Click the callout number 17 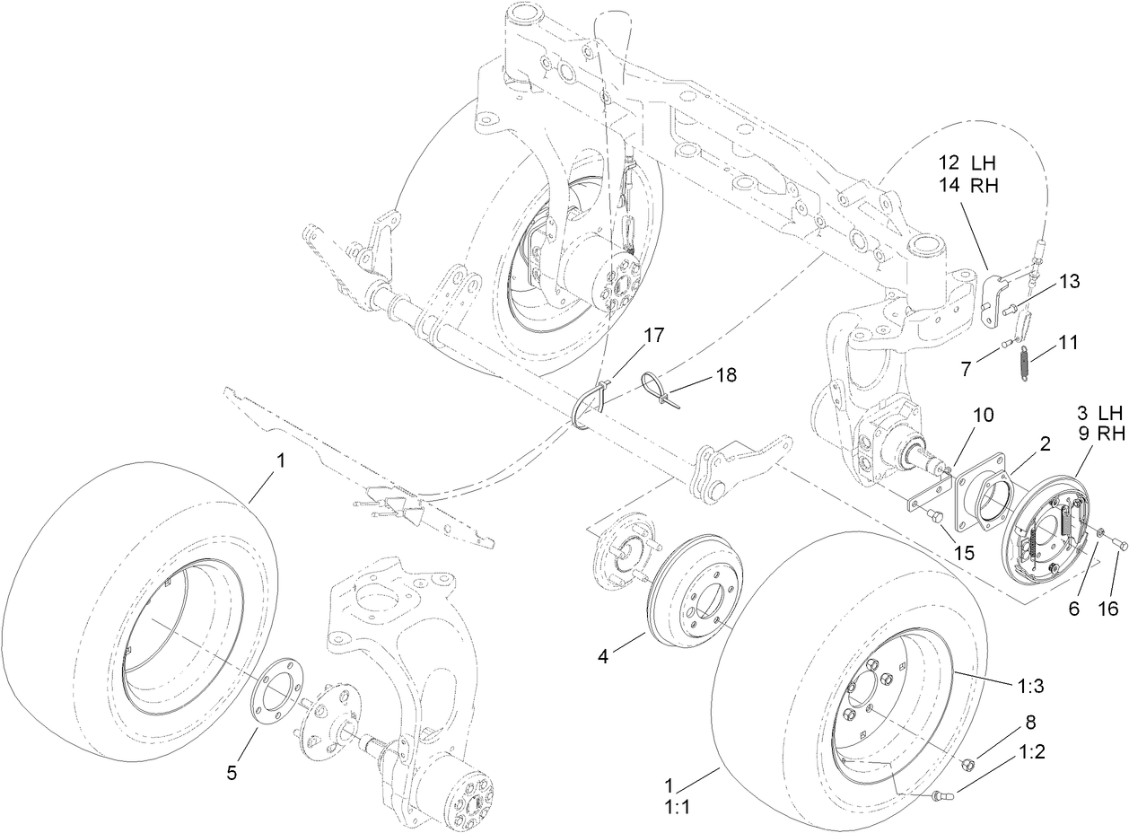click(x=653, y=335)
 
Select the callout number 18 click(x=725, y=374)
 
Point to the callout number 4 click(x=603, y=656)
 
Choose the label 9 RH click(x=1099, y=434)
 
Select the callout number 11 click(x=1067, y=342)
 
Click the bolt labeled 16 click(x=1121, y=543)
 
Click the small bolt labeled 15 click(x=932, y=515)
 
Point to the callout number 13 click(x=1067, y=282)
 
